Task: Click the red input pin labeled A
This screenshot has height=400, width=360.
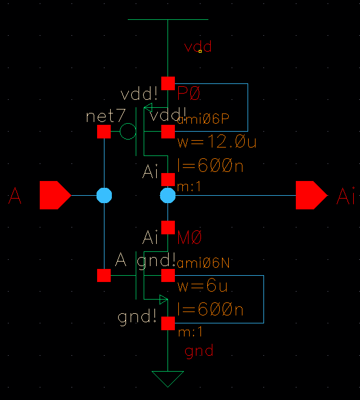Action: [55, 196]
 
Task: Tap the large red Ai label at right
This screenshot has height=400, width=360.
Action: [346, 197]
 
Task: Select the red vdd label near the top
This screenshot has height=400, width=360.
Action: [198, 47]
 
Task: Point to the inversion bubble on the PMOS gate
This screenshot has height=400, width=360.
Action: [128, 132]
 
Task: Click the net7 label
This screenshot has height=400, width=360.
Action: [105, 117]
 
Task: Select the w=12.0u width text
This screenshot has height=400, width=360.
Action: [217, 142]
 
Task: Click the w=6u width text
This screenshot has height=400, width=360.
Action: [203, 287]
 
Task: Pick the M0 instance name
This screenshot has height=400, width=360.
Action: [190, 237]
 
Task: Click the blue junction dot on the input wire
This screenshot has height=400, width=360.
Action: [104, 196]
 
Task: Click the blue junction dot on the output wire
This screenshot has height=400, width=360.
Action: [168, 196]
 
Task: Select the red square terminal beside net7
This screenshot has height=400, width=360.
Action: [104, 132]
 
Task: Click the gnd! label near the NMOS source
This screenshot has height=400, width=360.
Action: [137, 317]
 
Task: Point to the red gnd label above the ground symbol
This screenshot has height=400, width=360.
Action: [199, 351]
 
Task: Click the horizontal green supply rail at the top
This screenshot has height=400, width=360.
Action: [168, 19]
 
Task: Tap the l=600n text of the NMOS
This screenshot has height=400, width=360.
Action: [210, 310]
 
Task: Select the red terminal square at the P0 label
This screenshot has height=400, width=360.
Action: [168, 83]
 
